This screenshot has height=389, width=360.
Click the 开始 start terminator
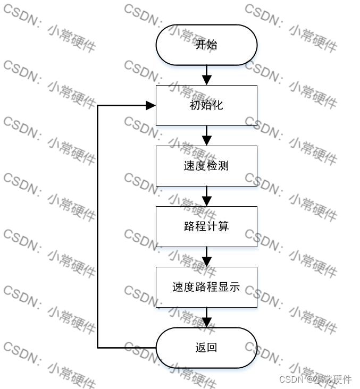click(x=206, y=45)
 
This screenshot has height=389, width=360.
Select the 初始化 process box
click(x=206, y=105)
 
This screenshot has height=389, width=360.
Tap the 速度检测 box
click(x=206, y=166)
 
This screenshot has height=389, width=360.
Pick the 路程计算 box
click(x=206, y=226)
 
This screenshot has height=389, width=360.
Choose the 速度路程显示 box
click(x=206, y=287)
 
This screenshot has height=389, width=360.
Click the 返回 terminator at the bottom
click(x=206, y=348)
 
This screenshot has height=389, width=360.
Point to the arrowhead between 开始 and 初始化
click(x=206, y=80)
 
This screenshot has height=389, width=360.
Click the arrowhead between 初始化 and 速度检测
click(x=206, y=140)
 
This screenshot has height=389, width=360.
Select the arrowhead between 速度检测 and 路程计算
click(x=206, y=201)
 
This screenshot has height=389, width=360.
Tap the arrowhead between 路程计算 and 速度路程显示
click(x=206, y=261)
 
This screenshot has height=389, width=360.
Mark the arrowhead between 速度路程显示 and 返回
click(x=206, y=322)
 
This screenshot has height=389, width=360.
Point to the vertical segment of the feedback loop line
click(x=98, y=226)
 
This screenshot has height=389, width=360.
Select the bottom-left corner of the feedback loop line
click(x=98, y=348)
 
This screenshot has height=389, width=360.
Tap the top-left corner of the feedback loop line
click(x=98, y=105)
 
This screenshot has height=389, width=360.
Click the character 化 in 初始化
click(x=217, y=105)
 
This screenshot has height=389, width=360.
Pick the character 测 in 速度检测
click(x=224, y=166)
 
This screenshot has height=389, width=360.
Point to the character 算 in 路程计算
click(x=224, y=226)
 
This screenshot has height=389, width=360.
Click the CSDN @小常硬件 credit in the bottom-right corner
click(x=315, y=379)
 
